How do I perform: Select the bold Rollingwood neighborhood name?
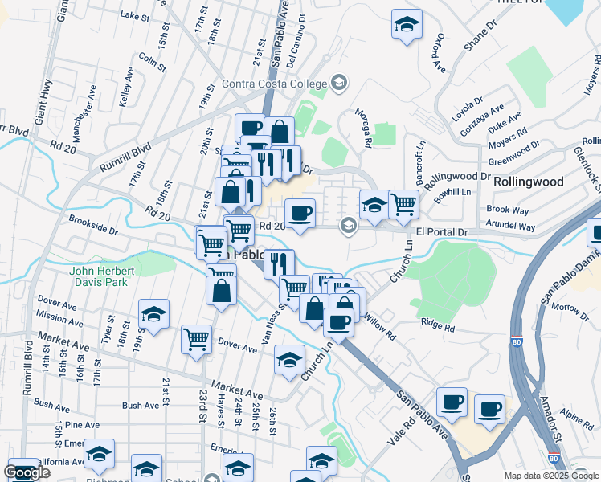tap(528, 182)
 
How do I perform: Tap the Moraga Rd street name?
tap(367, 130)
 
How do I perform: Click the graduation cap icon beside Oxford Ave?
tap(407, 24)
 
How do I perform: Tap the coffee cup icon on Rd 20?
tap(300, 214)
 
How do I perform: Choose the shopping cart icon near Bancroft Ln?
tap(403, 203)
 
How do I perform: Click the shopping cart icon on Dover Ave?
tap(196, 340)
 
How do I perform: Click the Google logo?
tap(27, 472)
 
